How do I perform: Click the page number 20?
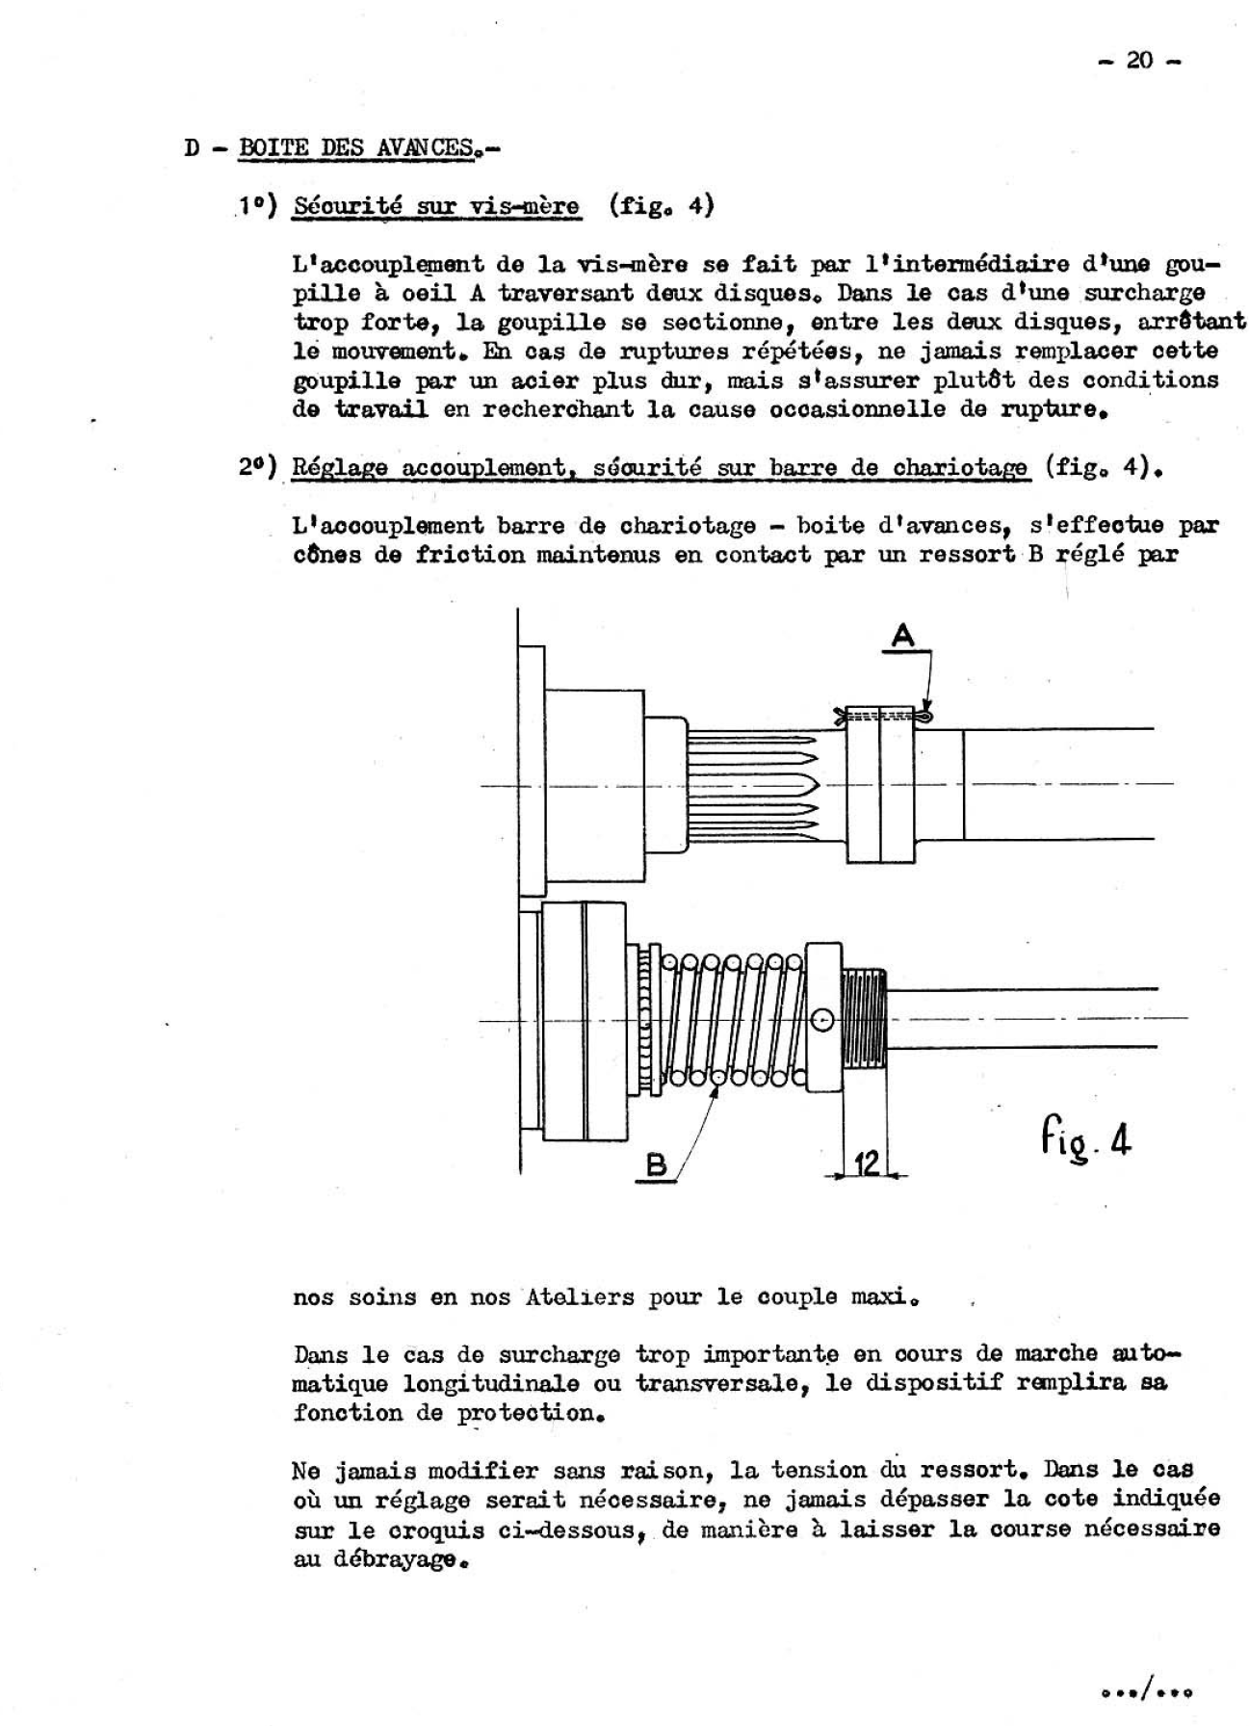[x=1138, y=61]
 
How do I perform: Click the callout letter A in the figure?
[x=903, y=636]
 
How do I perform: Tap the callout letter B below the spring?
[x=656, y=1164]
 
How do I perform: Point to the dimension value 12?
[x=867, y=1164]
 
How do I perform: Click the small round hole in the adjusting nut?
[x=822, y=1020]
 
